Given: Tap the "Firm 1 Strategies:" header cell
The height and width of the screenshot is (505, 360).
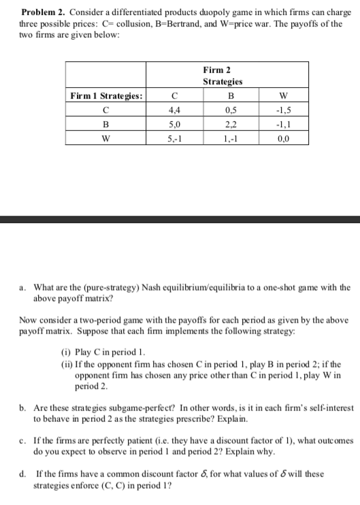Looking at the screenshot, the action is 105,96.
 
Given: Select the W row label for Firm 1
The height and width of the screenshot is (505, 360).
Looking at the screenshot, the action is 105,136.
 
